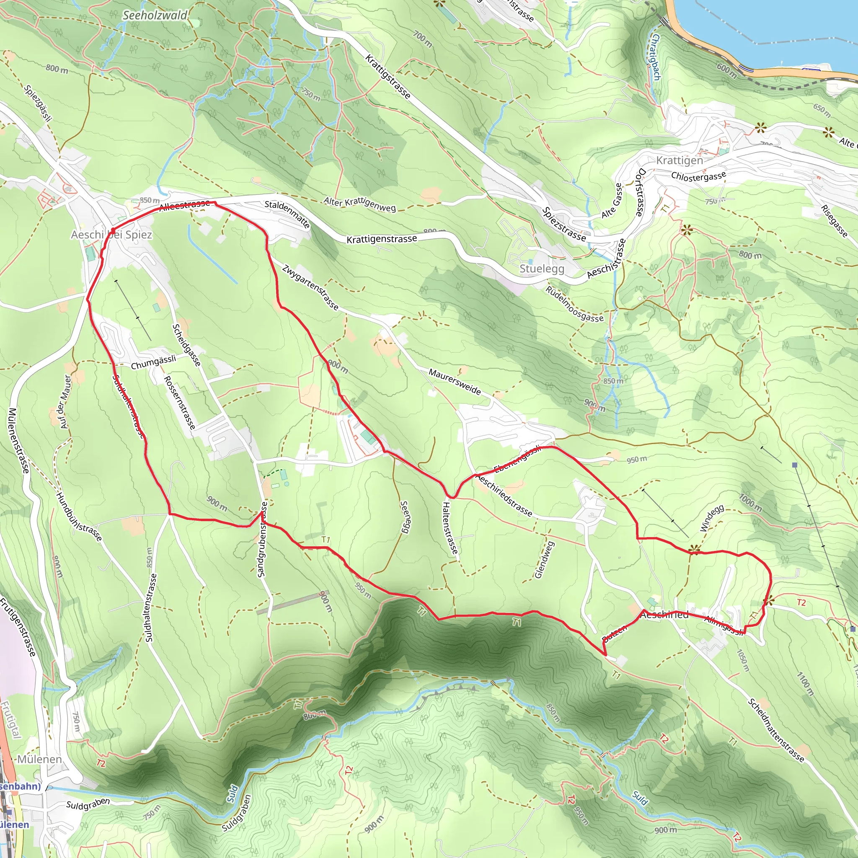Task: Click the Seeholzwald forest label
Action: point(155,15)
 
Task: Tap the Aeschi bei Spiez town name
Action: point(111,235)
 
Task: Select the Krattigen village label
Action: point(680,160)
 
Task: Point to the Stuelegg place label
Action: point(542,269)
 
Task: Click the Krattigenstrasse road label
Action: point(382,239)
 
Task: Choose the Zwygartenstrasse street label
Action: point(310,287)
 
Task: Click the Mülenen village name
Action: point(39,759)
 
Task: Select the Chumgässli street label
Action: point(153,362)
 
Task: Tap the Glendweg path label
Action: point(545,560)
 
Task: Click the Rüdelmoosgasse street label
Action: point(574,304)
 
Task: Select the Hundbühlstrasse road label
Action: point(79,517)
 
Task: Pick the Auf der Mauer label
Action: point(65,402)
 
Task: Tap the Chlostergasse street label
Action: point(698,176)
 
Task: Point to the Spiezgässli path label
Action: point(39,103)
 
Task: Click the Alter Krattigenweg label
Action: point(359,204)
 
